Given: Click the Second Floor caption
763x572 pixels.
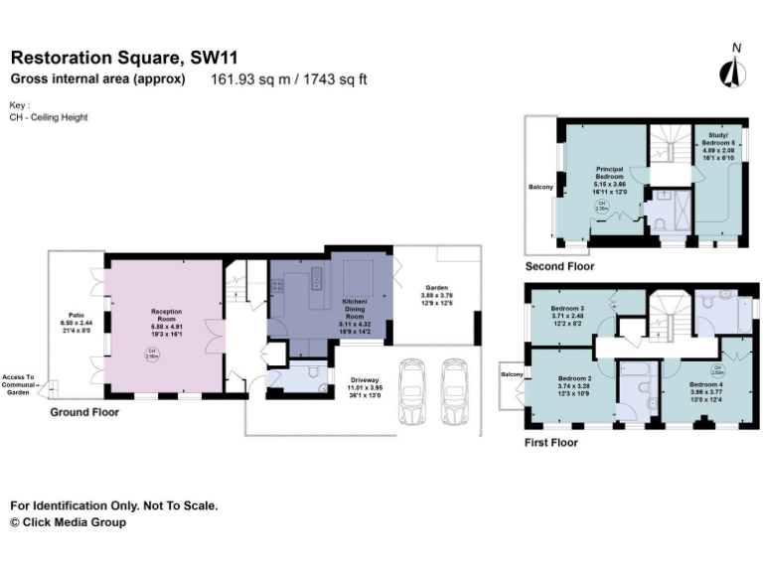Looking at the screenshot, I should pos(559,267).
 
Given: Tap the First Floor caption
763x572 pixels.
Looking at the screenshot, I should pos(550,443).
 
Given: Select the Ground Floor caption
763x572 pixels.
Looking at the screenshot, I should pos(85,411).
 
